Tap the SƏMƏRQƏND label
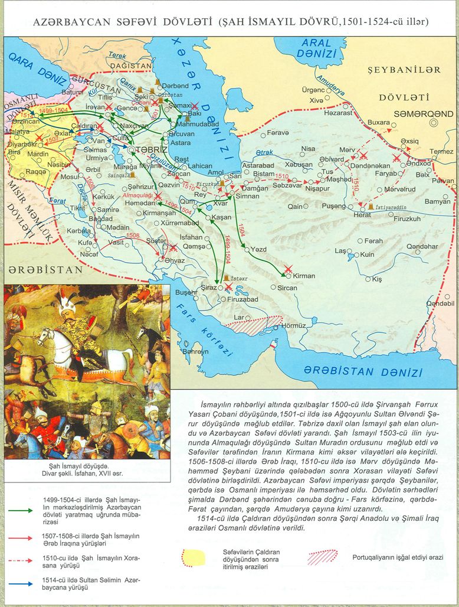coord(411,112)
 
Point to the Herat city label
coord(362,215)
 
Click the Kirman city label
coord(304,276)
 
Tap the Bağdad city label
coord(100,218)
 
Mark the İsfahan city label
coord(191,237)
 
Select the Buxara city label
coord(378,122)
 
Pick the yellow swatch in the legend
coord(195,556)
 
